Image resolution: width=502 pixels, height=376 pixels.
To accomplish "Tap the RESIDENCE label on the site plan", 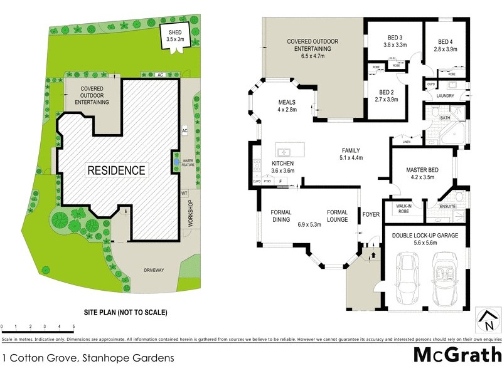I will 116,170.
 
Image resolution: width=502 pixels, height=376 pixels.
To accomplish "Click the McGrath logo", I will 456,355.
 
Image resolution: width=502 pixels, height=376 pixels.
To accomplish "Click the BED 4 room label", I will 446,44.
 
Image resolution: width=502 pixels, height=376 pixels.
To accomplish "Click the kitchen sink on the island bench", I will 284,151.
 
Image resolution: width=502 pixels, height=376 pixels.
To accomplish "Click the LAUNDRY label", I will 445,96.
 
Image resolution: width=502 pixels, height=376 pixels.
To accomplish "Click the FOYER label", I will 371,215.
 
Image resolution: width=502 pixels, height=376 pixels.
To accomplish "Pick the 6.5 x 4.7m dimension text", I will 312,56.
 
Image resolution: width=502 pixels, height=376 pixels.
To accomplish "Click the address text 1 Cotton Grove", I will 88,358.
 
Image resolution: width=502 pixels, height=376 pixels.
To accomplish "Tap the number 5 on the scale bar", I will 73,327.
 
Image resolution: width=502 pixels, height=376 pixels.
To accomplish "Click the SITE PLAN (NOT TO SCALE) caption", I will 126,311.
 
